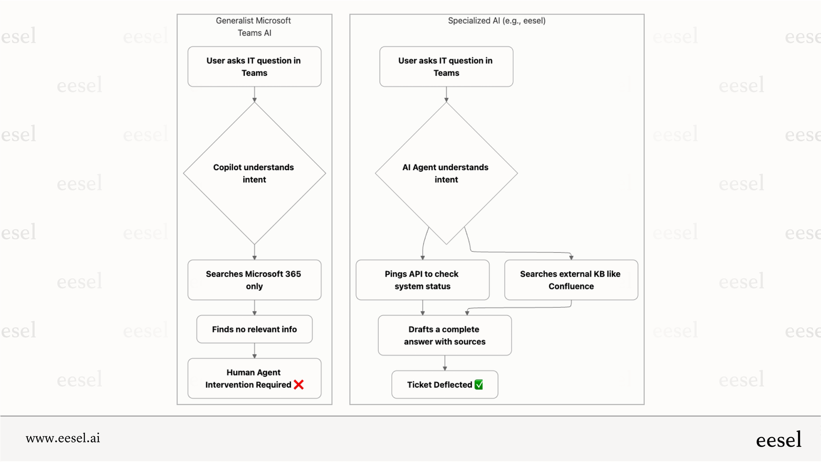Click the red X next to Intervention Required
click(x=299, y=385)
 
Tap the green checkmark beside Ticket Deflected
click(x=479, y=385)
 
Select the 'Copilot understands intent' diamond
click(x=254, y=173)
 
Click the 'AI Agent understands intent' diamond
click(x=446, y=173)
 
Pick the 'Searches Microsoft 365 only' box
click(x=254, y=280)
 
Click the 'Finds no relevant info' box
click(x=254, y=329)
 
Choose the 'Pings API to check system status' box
click(x=422, y=280)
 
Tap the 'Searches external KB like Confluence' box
click(x=571, y=280)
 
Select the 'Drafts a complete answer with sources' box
click(x=445, y=335)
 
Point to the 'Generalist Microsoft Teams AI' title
click(x=254, y=26)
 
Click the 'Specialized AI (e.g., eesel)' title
click(x=497, y=21)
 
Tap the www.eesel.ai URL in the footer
click(x=63, y=438)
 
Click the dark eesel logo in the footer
click(x=778, y=440)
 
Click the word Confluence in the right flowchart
click(x=571, y=286)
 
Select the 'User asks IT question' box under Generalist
click(x=254, y=66)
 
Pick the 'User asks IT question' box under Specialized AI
click(x=446, y=66)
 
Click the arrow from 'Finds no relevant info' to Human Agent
click(x=255, y=351)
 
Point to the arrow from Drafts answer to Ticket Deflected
click(x=445, y=363)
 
